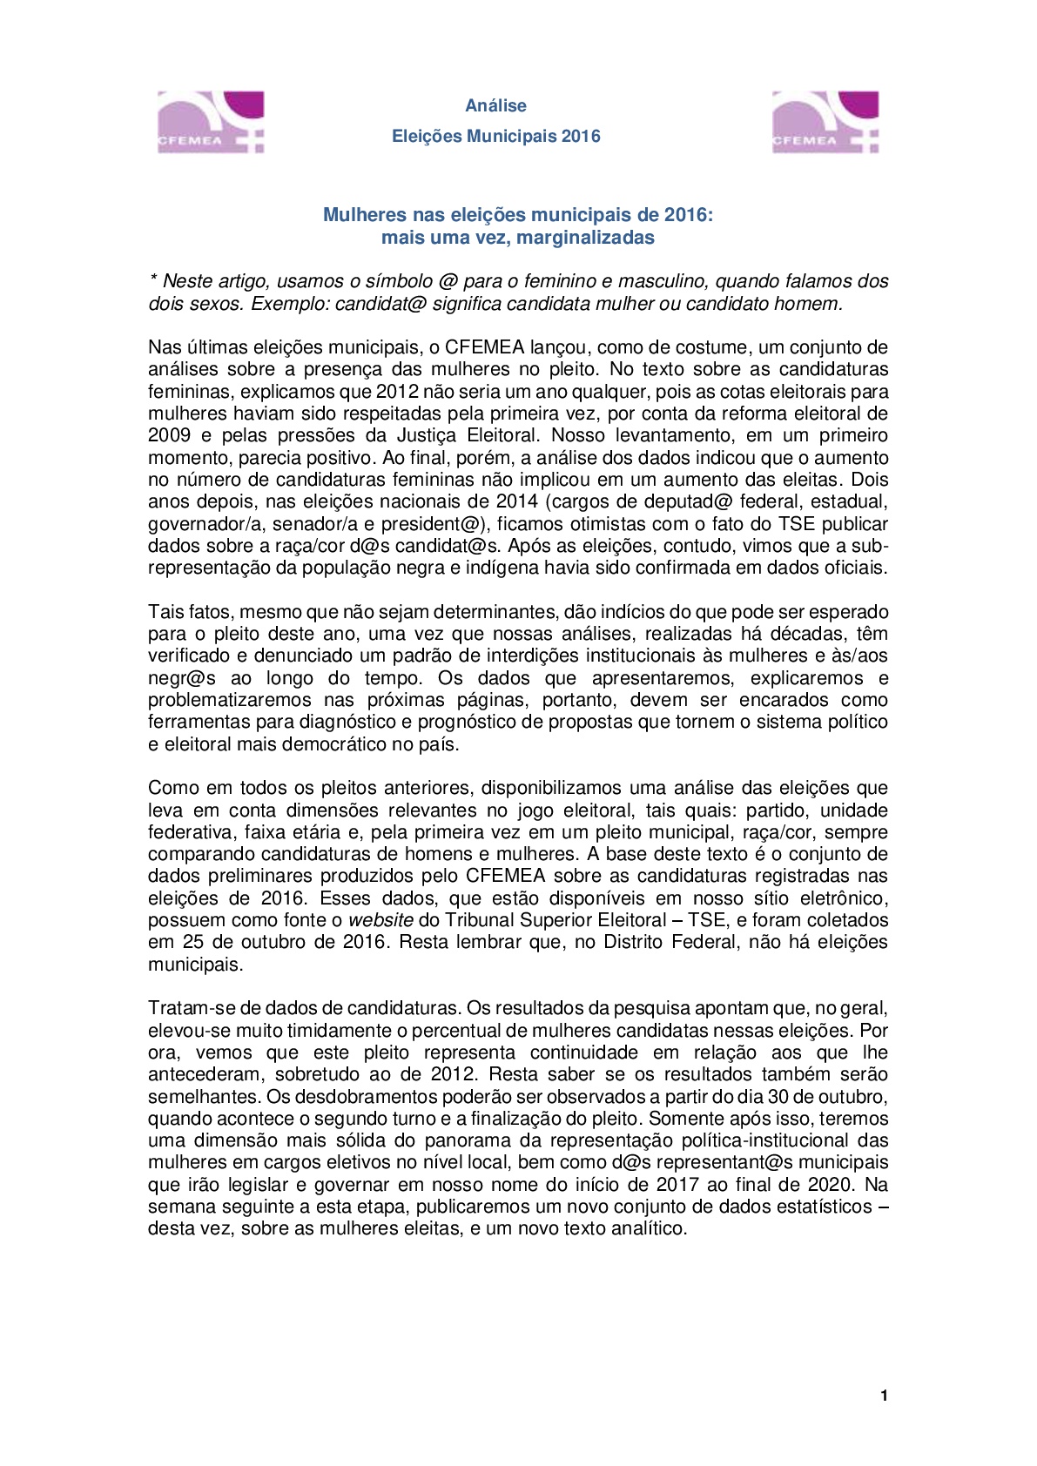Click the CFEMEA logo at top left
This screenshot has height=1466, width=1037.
211,123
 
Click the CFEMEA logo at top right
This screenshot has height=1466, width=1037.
825,123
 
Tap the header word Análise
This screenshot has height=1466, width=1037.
495,105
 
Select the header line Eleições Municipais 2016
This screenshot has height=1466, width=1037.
495,136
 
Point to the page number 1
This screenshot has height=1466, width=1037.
884,1395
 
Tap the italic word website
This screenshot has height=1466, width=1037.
380,920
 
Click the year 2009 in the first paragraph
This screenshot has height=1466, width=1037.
168,435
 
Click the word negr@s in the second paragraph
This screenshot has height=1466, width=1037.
181,678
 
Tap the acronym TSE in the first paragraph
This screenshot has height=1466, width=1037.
796,524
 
